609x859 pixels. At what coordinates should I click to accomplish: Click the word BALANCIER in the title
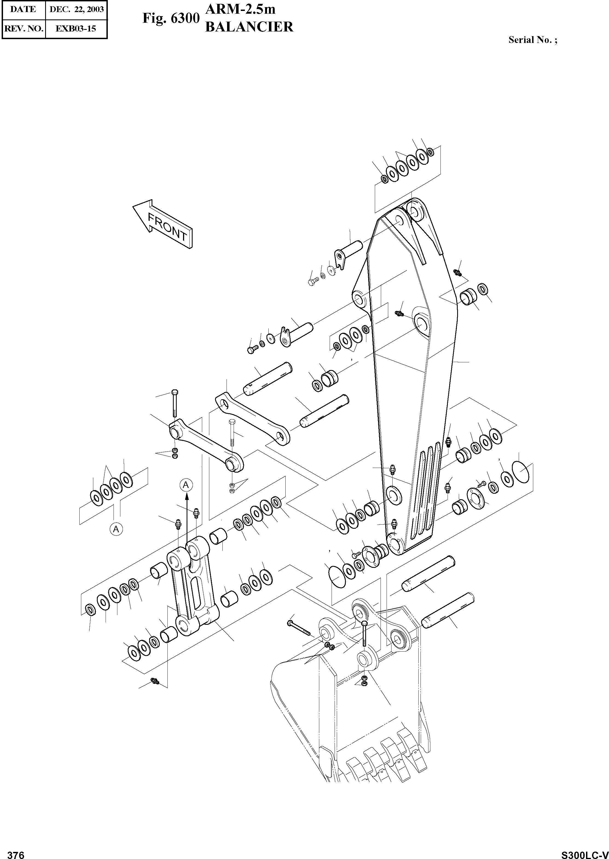click(250, 27)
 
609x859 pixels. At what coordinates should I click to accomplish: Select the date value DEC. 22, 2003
click(77, 9)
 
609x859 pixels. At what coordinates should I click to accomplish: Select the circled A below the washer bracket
click(116, 529)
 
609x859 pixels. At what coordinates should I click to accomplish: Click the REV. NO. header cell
click(23, 28)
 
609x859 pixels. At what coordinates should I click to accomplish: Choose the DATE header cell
click(23, 9)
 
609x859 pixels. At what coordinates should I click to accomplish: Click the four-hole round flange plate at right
click(474, 498)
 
